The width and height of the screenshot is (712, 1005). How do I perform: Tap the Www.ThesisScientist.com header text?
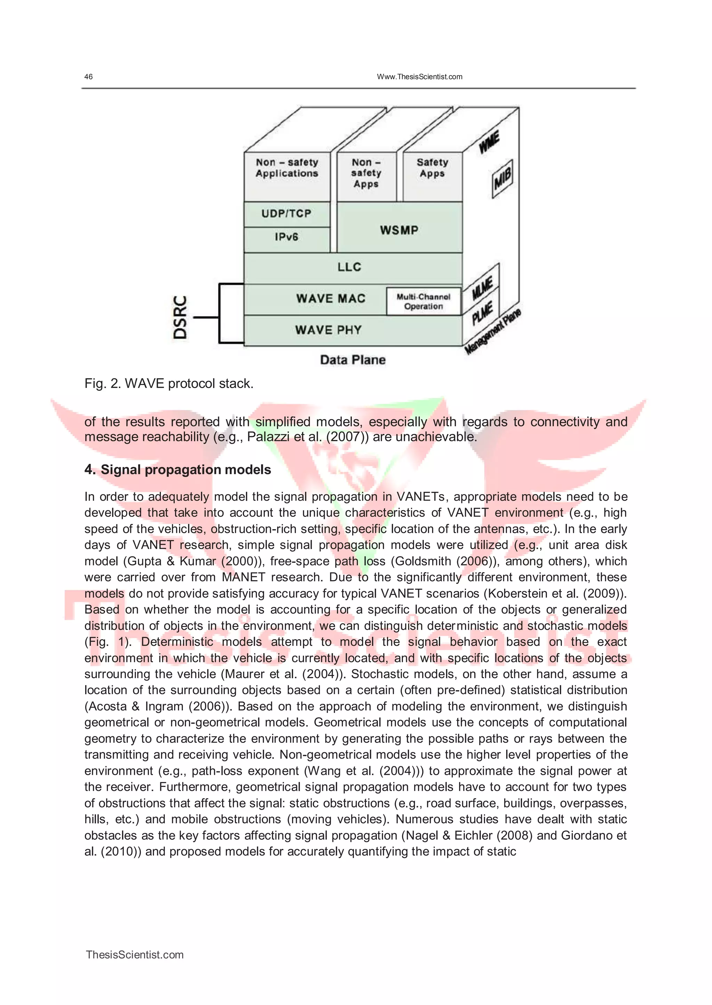[419, 77]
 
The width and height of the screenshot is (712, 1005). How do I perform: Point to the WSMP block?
[399, 230]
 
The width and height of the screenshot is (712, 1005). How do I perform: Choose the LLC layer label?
[349, 267]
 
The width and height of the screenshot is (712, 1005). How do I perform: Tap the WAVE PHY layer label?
[329, 330]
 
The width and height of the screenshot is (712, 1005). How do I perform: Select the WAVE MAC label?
[331, 299]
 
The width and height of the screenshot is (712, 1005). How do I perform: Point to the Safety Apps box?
[432, 168]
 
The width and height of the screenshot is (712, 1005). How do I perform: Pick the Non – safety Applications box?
[287, 168]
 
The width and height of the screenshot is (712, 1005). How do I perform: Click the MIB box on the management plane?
[502, 178]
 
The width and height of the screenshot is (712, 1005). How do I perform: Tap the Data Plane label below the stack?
[353, 360]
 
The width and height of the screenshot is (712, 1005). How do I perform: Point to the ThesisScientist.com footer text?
[135, 955]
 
